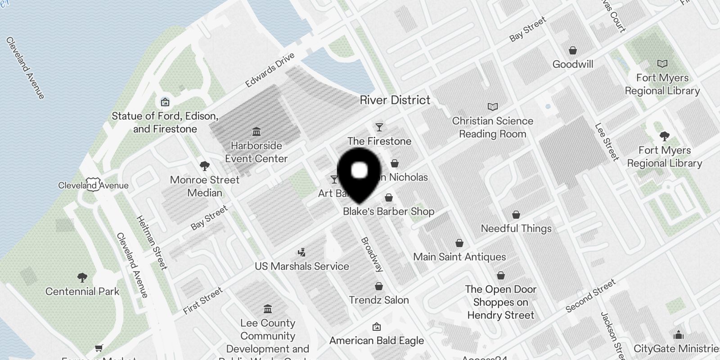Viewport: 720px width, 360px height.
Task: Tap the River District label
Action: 395,100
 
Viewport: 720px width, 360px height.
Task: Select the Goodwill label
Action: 572,64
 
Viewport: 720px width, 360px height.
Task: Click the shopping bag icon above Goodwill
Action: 573,50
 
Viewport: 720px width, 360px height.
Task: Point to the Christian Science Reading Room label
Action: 492,127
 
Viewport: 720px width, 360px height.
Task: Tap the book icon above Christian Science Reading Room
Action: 493,107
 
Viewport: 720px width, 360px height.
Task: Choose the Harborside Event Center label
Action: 256,152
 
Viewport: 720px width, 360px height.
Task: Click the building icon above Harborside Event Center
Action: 256,131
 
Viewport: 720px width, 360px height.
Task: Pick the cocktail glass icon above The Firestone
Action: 379,127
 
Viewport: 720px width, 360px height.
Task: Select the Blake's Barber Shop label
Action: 388,211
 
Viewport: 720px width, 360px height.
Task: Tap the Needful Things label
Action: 516,229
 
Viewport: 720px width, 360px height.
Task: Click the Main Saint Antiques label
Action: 459,257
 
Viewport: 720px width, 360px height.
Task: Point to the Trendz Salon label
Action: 379,300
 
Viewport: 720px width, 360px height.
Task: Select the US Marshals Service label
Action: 301,266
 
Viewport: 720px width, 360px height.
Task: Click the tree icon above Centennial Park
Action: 82,277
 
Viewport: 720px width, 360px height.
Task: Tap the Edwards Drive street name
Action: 270,70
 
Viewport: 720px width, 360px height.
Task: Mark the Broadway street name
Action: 372,255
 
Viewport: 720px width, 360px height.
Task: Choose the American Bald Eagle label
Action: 376,341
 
